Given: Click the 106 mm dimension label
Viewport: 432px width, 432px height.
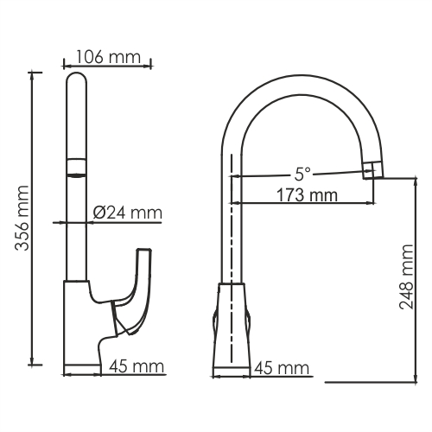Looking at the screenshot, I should pos(108,56).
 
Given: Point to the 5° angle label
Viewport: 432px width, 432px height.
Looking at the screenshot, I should pos(301,171).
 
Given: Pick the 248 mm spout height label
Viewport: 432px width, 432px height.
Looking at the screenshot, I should pos(408,276).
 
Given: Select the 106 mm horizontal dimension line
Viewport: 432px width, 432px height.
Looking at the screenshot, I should pos(108,65).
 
